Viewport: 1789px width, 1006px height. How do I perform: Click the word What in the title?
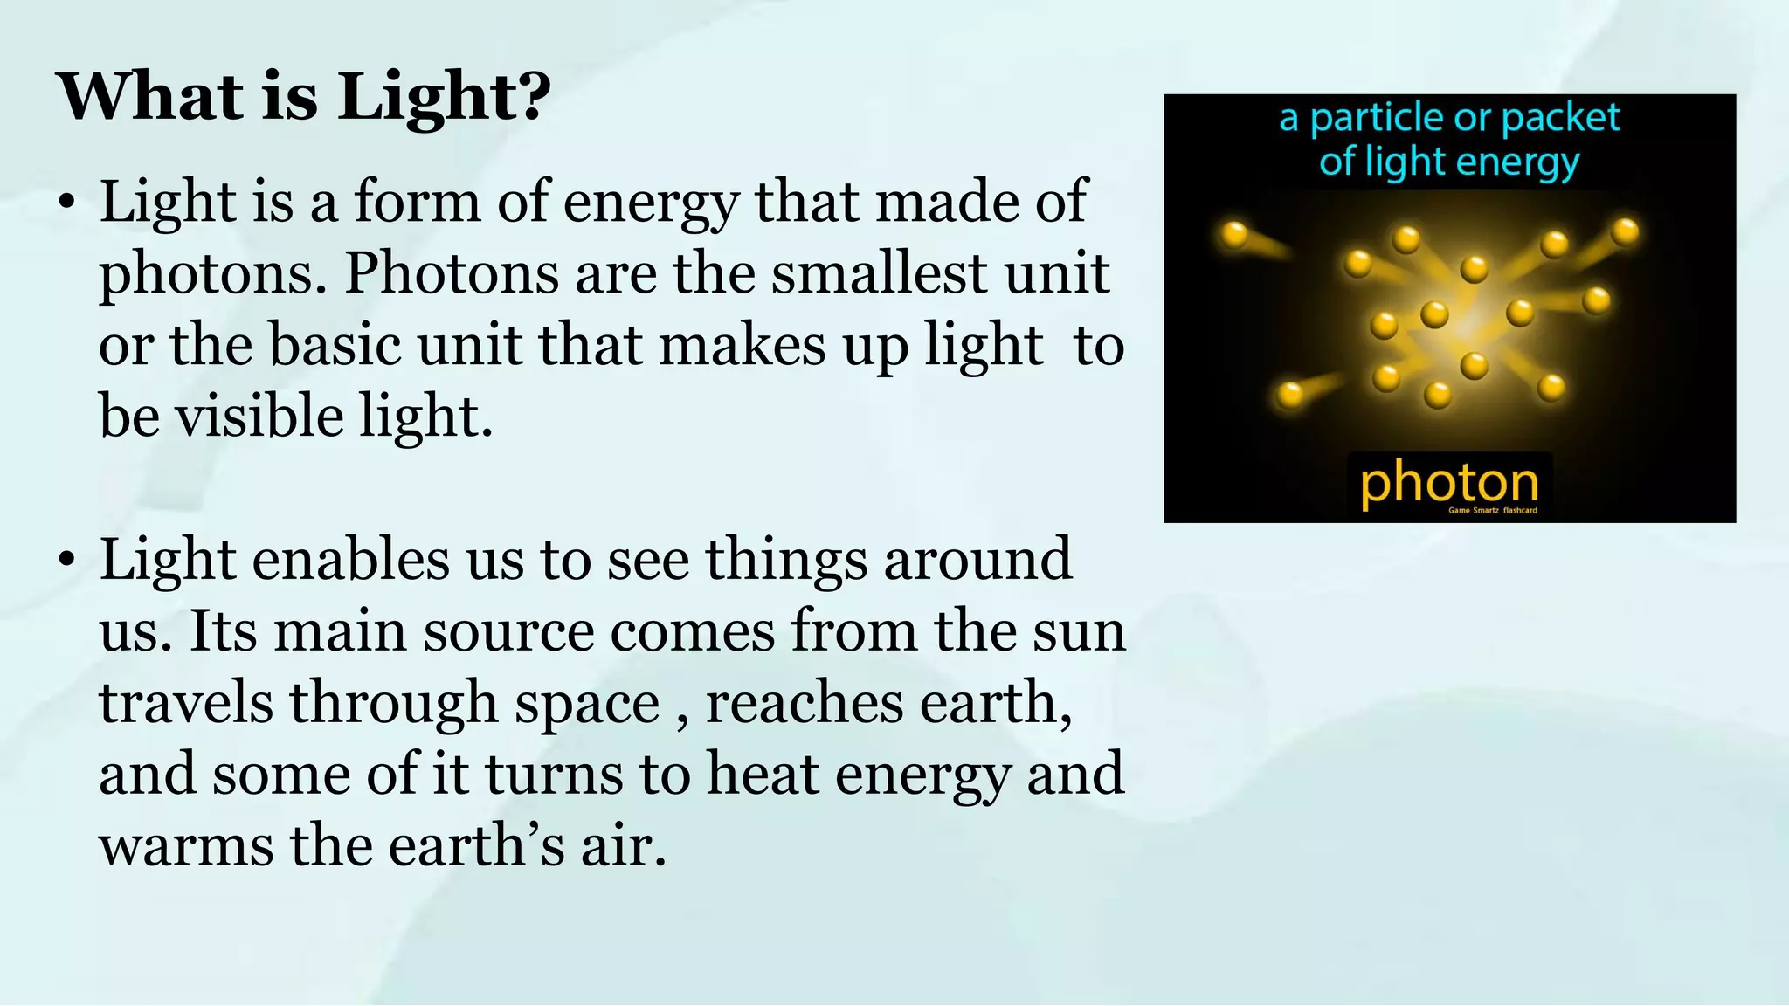[149, 96]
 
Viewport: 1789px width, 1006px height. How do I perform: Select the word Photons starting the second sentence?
[452, 274]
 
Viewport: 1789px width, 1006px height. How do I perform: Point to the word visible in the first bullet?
[259, 417]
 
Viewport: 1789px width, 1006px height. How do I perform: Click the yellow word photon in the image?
[1449, 484]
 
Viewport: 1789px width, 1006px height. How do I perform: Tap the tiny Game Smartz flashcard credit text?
[1493, 511]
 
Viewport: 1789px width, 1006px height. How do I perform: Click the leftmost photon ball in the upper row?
[1233, 234]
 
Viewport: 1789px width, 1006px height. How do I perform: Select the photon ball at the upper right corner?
[1625, 231]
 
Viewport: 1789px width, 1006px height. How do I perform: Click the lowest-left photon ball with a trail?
[1290, 395]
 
